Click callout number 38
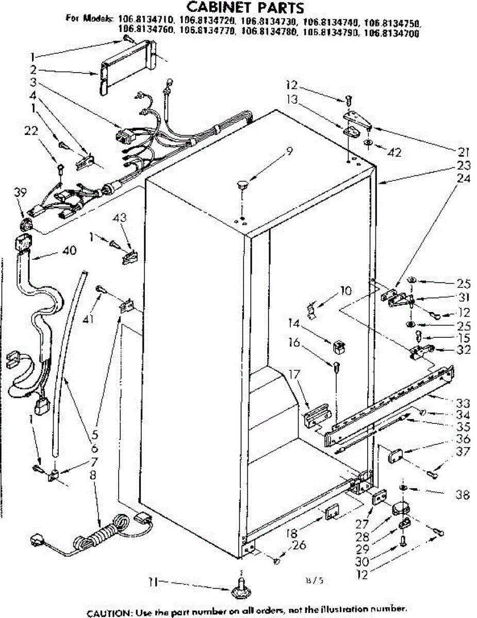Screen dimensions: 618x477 click(x=462, y=495)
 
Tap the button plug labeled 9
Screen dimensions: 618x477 click(x=242, y=184)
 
